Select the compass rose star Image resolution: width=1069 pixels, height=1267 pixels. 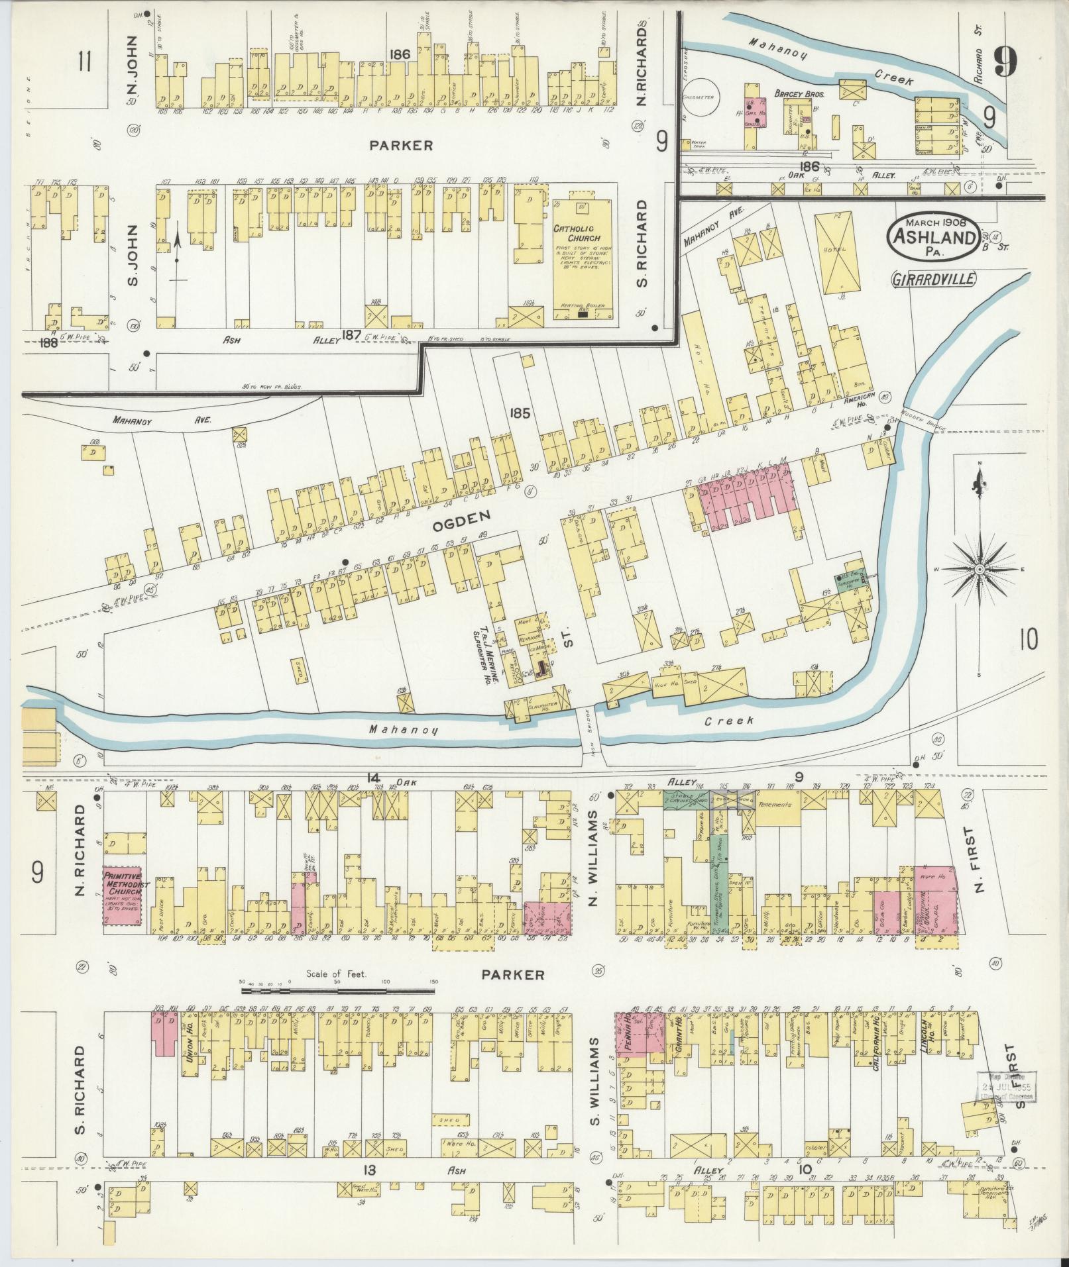[979, 568]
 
